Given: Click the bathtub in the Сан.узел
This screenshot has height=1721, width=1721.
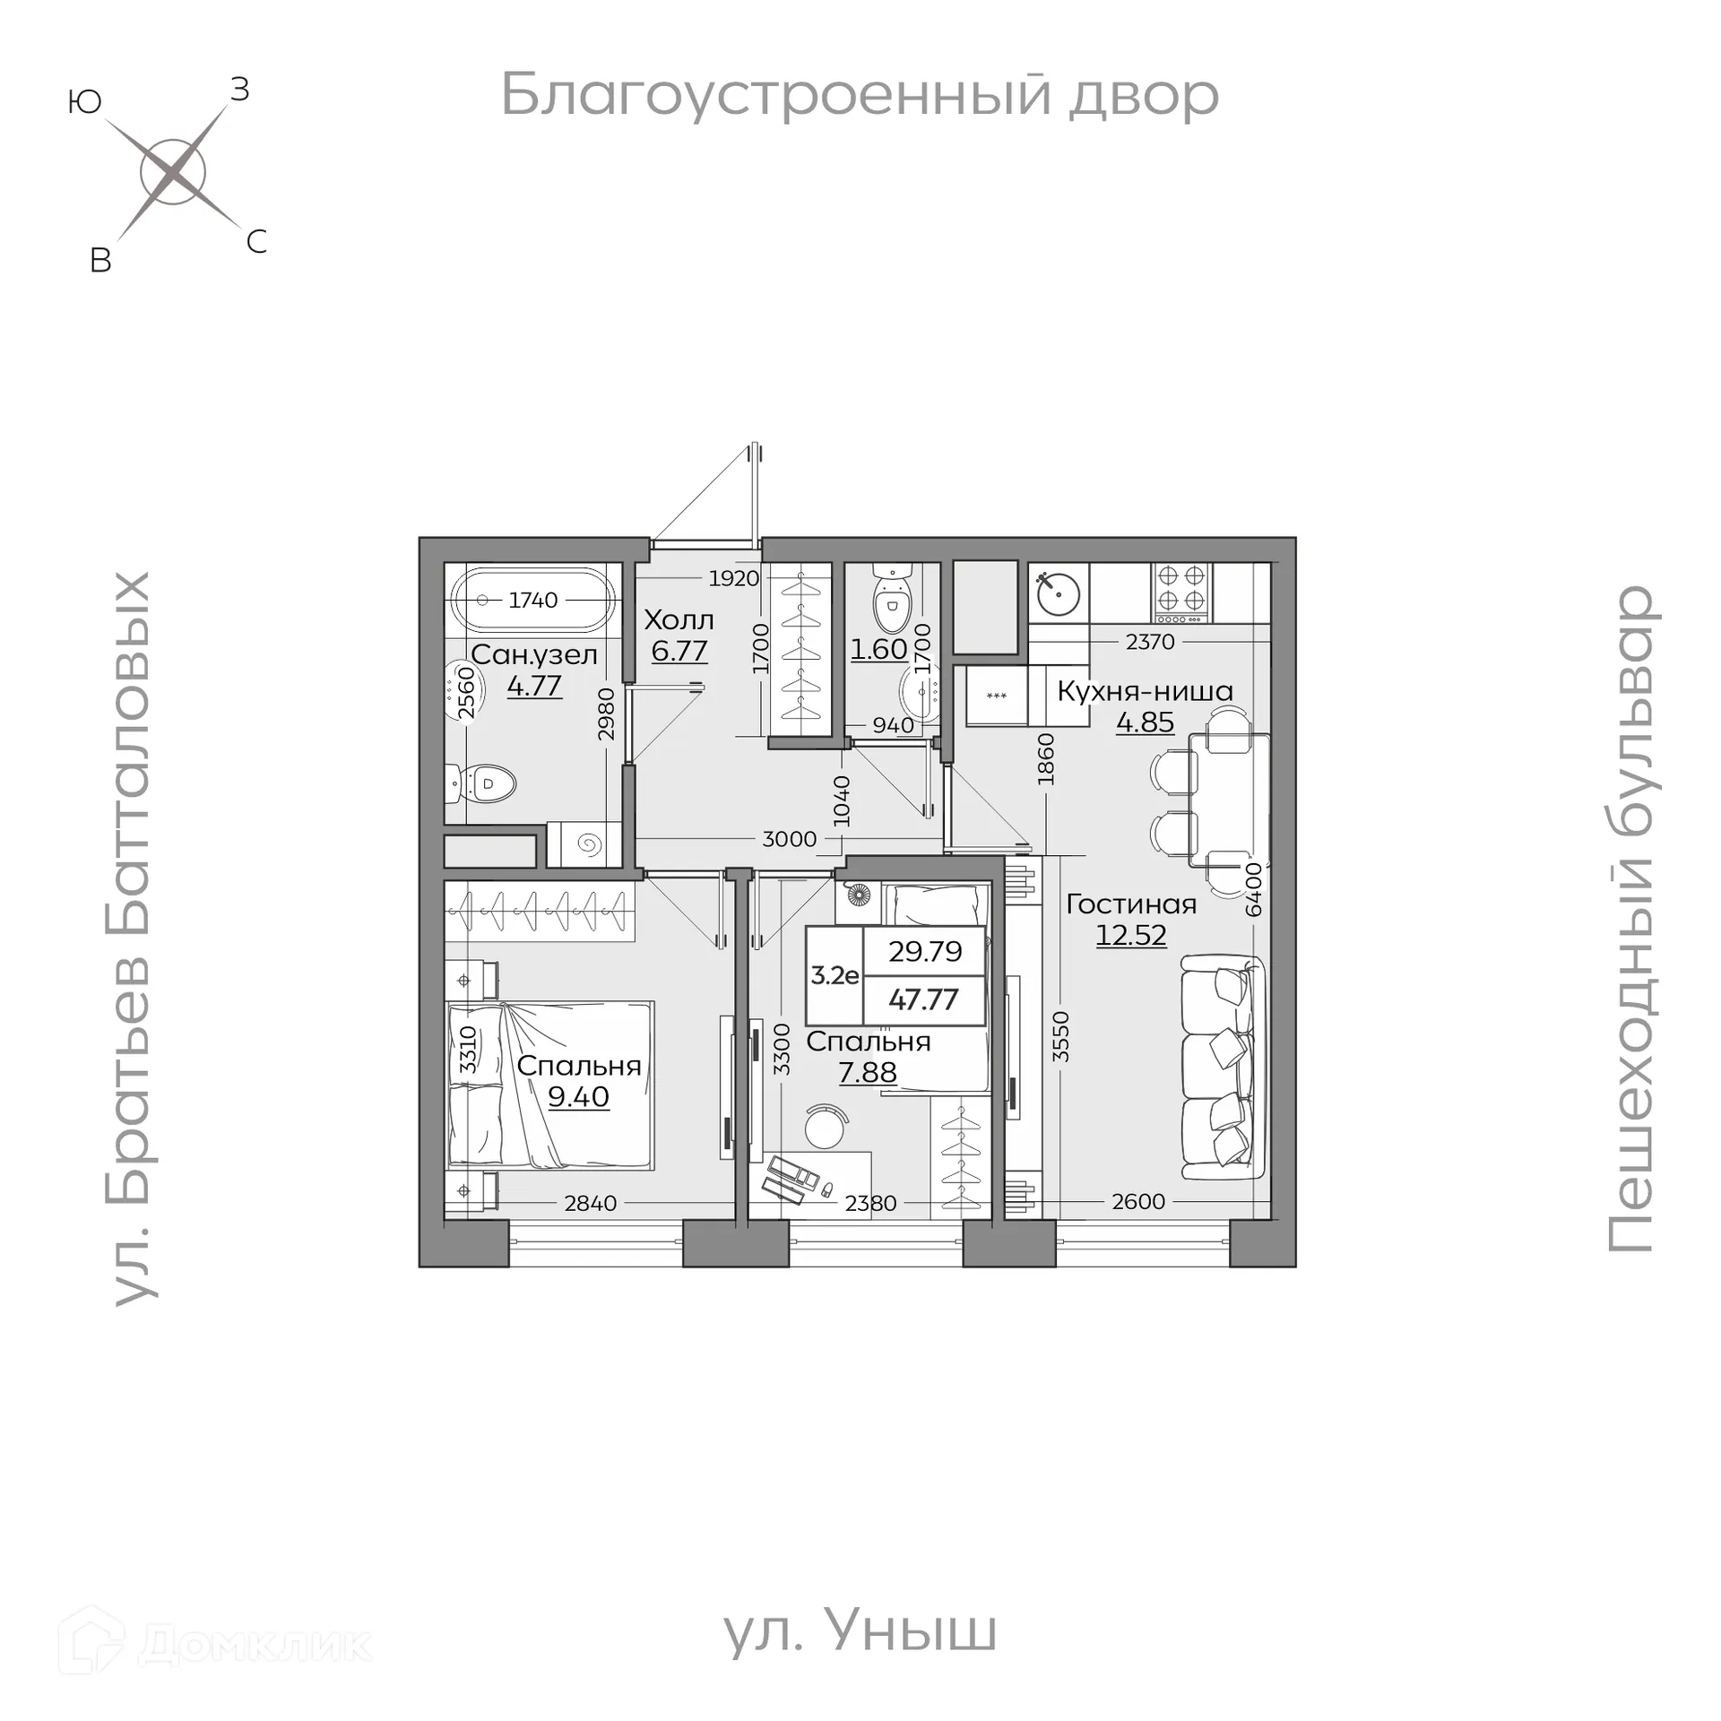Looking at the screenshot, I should [533, 600].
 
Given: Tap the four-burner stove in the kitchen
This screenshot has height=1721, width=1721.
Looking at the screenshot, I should [1181, 592].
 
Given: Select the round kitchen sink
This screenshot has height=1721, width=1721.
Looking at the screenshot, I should [1059, 592].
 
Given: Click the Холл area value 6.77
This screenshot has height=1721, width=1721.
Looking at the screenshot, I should [679, 651].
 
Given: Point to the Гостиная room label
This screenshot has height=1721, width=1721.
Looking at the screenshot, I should [1131, 904].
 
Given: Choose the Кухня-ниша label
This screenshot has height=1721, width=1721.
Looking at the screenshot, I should [1145, 691].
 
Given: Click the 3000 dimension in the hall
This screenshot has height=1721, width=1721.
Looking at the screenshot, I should [789, 839].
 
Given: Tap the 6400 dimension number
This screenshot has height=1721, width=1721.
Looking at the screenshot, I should [1254, 889].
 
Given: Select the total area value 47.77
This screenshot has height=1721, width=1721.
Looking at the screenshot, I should [923, 999].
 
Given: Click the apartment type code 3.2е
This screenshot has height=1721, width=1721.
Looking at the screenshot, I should [835, 975].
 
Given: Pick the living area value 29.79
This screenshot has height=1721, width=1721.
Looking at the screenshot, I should [925, 951].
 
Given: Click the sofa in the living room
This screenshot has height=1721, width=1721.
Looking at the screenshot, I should [1223, 1067].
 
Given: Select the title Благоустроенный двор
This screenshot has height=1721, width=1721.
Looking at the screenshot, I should [859, 95].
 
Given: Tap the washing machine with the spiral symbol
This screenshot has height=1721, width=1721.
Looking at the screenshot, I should [588, 843].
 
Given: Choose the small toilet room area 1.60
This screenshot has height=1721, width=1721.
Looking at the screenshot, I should [878, 649].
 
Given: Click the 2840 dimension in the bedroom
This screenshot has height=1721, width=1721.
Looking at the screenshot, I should [590, 1203].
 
